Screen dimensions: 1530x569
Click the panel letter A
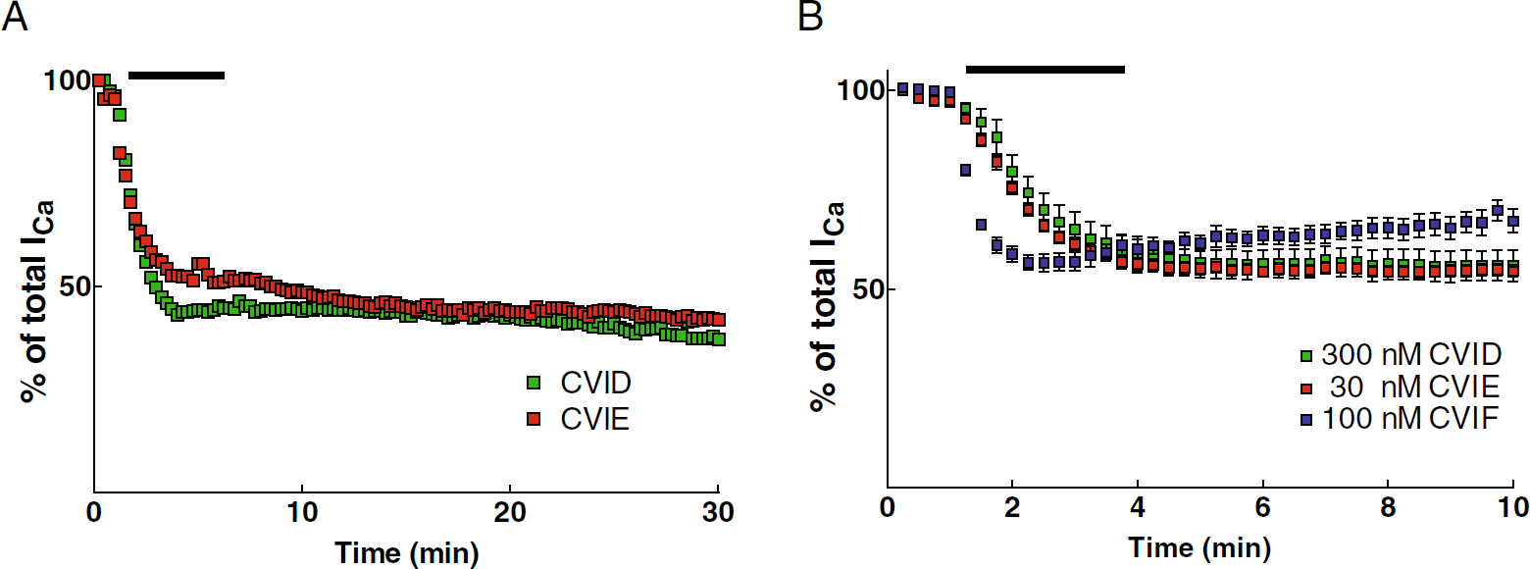pyautogui.click(x=15, y=17)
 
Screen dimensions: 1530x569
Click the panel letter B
pyautogui.click(x=810, y=17)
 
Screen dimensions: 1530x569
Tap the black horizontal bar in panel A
pyautogui.click(x=177, y=76)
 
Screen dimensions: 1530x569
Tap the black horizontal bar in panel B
pyautogui.click(x=1045, y=69)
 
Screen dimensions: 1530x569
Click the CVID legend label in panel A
pyautogui.click(x=595, y=383)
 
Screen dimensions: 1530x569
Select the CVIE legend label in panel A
pyautogui.click(x=594, y=419)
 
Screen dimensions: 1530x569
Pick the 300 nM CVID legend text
pyautogui.click(x=1411, y=354)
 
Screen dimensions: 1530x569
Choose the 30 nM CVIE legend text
pyautogui.click(x=1414, y=387)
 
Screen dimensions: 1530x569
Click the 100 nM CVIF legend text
pyautogui.click(x=1410, y=418)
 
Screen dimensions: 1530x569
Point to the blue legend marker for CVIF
pyautogui.click(x=1306, y=420)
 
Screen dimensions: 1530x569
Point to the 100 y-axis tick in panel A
pyautogui.click(x=67, y=80)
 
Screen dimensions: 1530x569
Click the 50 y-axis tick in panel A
pyautogui.click(x=75, y=286)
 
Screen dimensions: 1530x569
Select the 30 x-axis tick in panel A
pyautogui.click(x=718, y=512)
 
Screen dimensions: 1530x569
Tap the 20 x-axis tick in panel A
pyautogui.click(x=510, y=512)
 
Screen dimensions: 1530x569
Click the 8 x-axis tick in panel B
pyautogui.click(x=1388, y=507)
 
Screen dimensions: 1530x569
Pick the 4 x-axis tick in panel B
pyautogui.click(x=1138, y=507)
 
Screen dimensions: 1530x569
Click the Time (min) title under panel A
pyautogui.click(x=406, y=552)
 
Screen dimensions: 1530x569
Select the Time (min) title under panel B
pyautogui.click(x=1199, y=547)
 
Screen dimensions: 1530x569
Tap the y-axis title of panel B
pyautogui.click(x=827, y=307)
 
